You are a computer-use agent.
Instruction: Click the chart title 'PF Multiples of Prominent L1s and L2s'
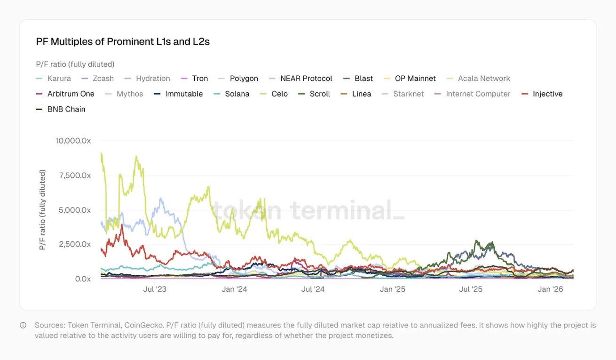(123, 41)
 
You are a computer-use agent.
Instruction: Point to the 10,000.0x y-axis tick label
(73, 140)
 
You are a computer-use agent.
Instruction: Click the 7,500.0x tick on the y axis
(75, 175)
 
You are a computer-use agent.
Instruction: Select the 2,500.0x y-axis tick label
(75, 244)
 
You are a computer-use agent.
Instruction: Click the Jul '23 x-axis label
(155, 289)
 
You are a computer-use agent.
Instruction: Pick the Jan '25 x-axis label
(393, 289)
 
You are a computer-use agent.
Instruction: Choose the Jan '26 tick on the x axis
(550, 289)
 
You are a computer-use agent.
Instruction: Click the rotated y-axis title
(42, 209)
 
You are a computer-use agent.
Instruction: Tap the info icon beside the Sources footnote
(23, 325)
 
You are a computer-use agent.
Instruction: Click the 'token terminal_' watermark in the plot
(308, 210)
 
